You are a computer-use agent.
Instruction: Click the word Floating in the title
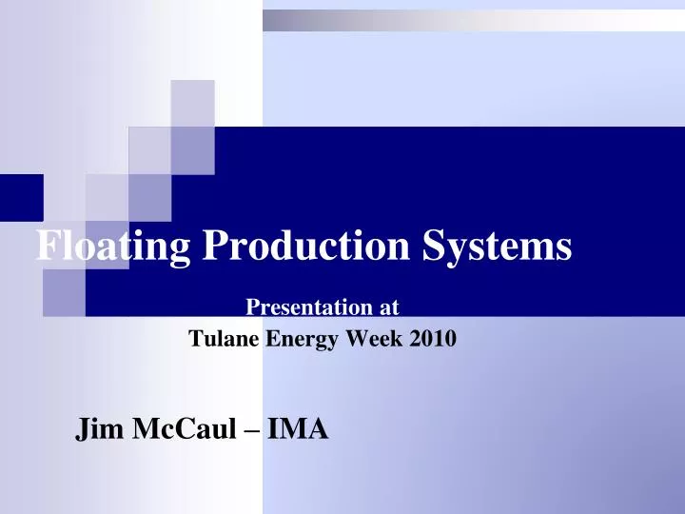tap(112, 247)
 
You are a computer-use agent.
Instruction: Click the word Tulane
tap(223, 337)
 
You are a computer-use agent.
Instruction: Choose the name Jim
tap(100, 430)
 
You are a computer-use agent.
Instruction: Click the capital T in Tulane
tap(195, 337)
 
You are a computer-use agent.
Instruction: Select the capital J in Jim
tap(83, 430)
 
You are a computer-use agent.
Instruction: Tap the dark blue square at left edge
tap(21, 197)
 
